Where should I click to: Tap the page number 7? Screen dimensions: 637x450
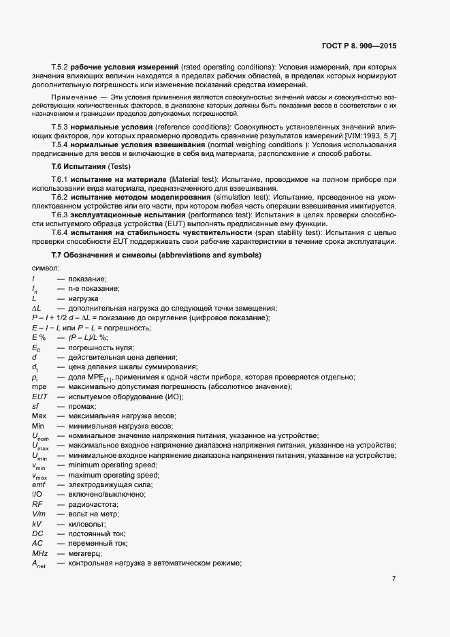(393, 580)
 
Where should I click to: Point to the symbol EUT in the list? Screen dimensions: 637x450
(39, 397)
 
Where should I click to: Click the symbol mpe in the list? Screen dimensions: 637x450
(39, 387)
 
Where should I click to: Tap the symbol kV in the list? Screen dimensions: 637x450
(37, 525)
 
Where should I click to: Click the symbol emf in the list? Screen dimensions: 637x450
(39, 485)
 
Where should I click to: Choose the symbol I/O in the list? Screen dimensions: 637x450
(37, 495)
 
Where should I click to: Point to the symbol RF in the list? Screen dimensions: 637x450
(37, 505)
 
